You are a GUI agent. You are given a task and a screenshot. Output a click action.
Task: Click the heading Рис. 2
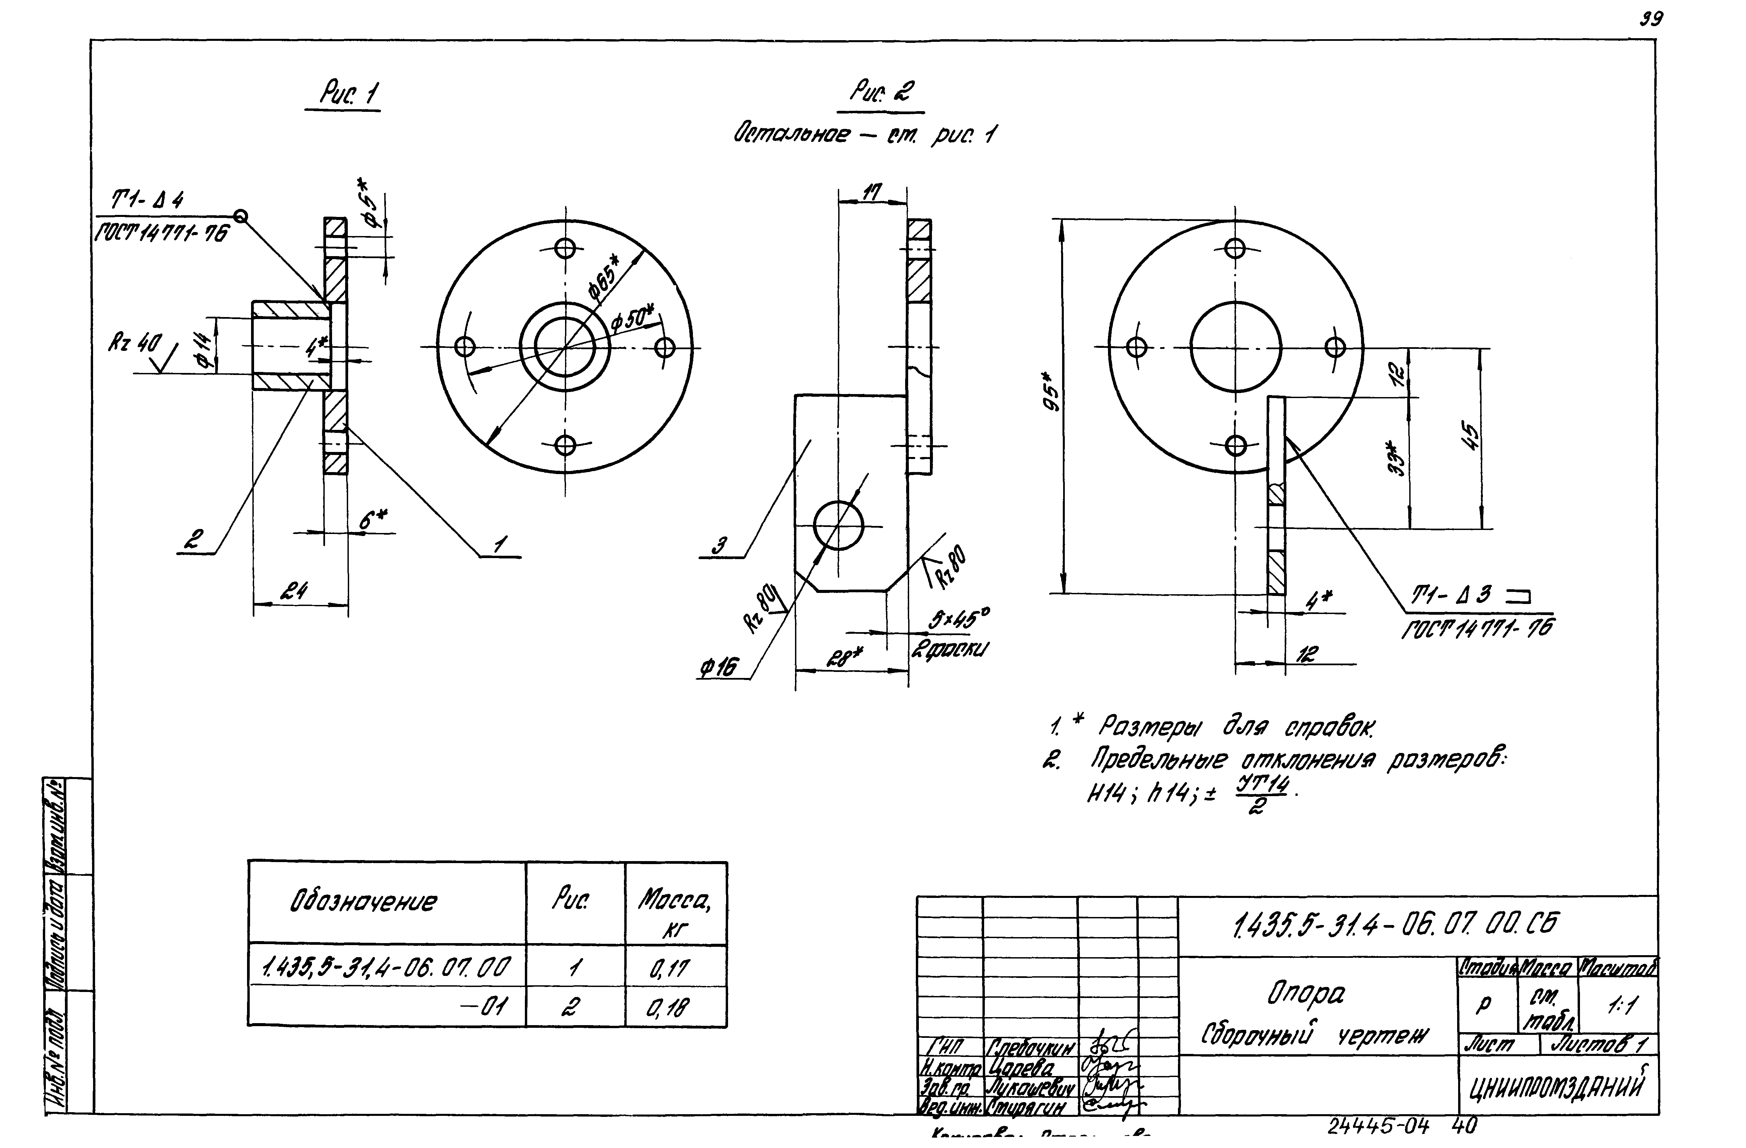tap(882, 93)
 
